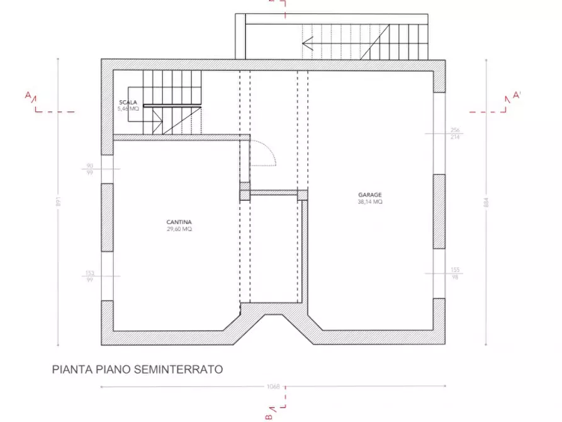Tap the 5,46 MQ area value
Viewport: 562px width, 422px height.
[128, 109]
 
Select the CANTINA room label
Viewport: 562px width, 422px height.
[179, 222]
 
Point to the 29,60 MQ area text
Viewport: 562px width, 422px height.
[179, 229]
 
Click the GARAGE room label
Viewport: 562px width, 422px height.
[371, 195]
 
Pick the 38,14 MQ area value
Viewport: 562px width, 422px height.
[371, 202]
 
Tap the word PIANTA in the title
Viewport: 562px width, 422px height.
[71, 370]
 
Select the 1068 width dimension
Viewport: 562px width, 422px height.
[273, 387]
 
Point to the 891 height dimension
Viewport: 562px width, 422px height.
[58, 202]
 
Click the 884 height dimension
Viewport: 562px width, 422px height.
[486, 202]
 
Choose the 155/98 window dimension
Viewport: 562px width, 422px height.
[455, 273]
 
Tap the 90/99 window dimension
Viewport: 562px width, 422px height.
[89, 169]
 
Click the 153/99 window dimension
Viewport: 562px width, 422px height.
[89, 276]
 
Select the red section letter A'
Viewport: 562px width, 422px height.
[517, 95]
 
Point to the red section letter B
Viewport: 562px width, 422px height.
[269, 416]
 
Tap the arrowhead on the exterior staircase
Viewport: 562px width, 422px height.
[307, 43]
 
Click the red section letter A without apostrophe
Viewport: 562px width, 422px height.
[28, 95]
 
